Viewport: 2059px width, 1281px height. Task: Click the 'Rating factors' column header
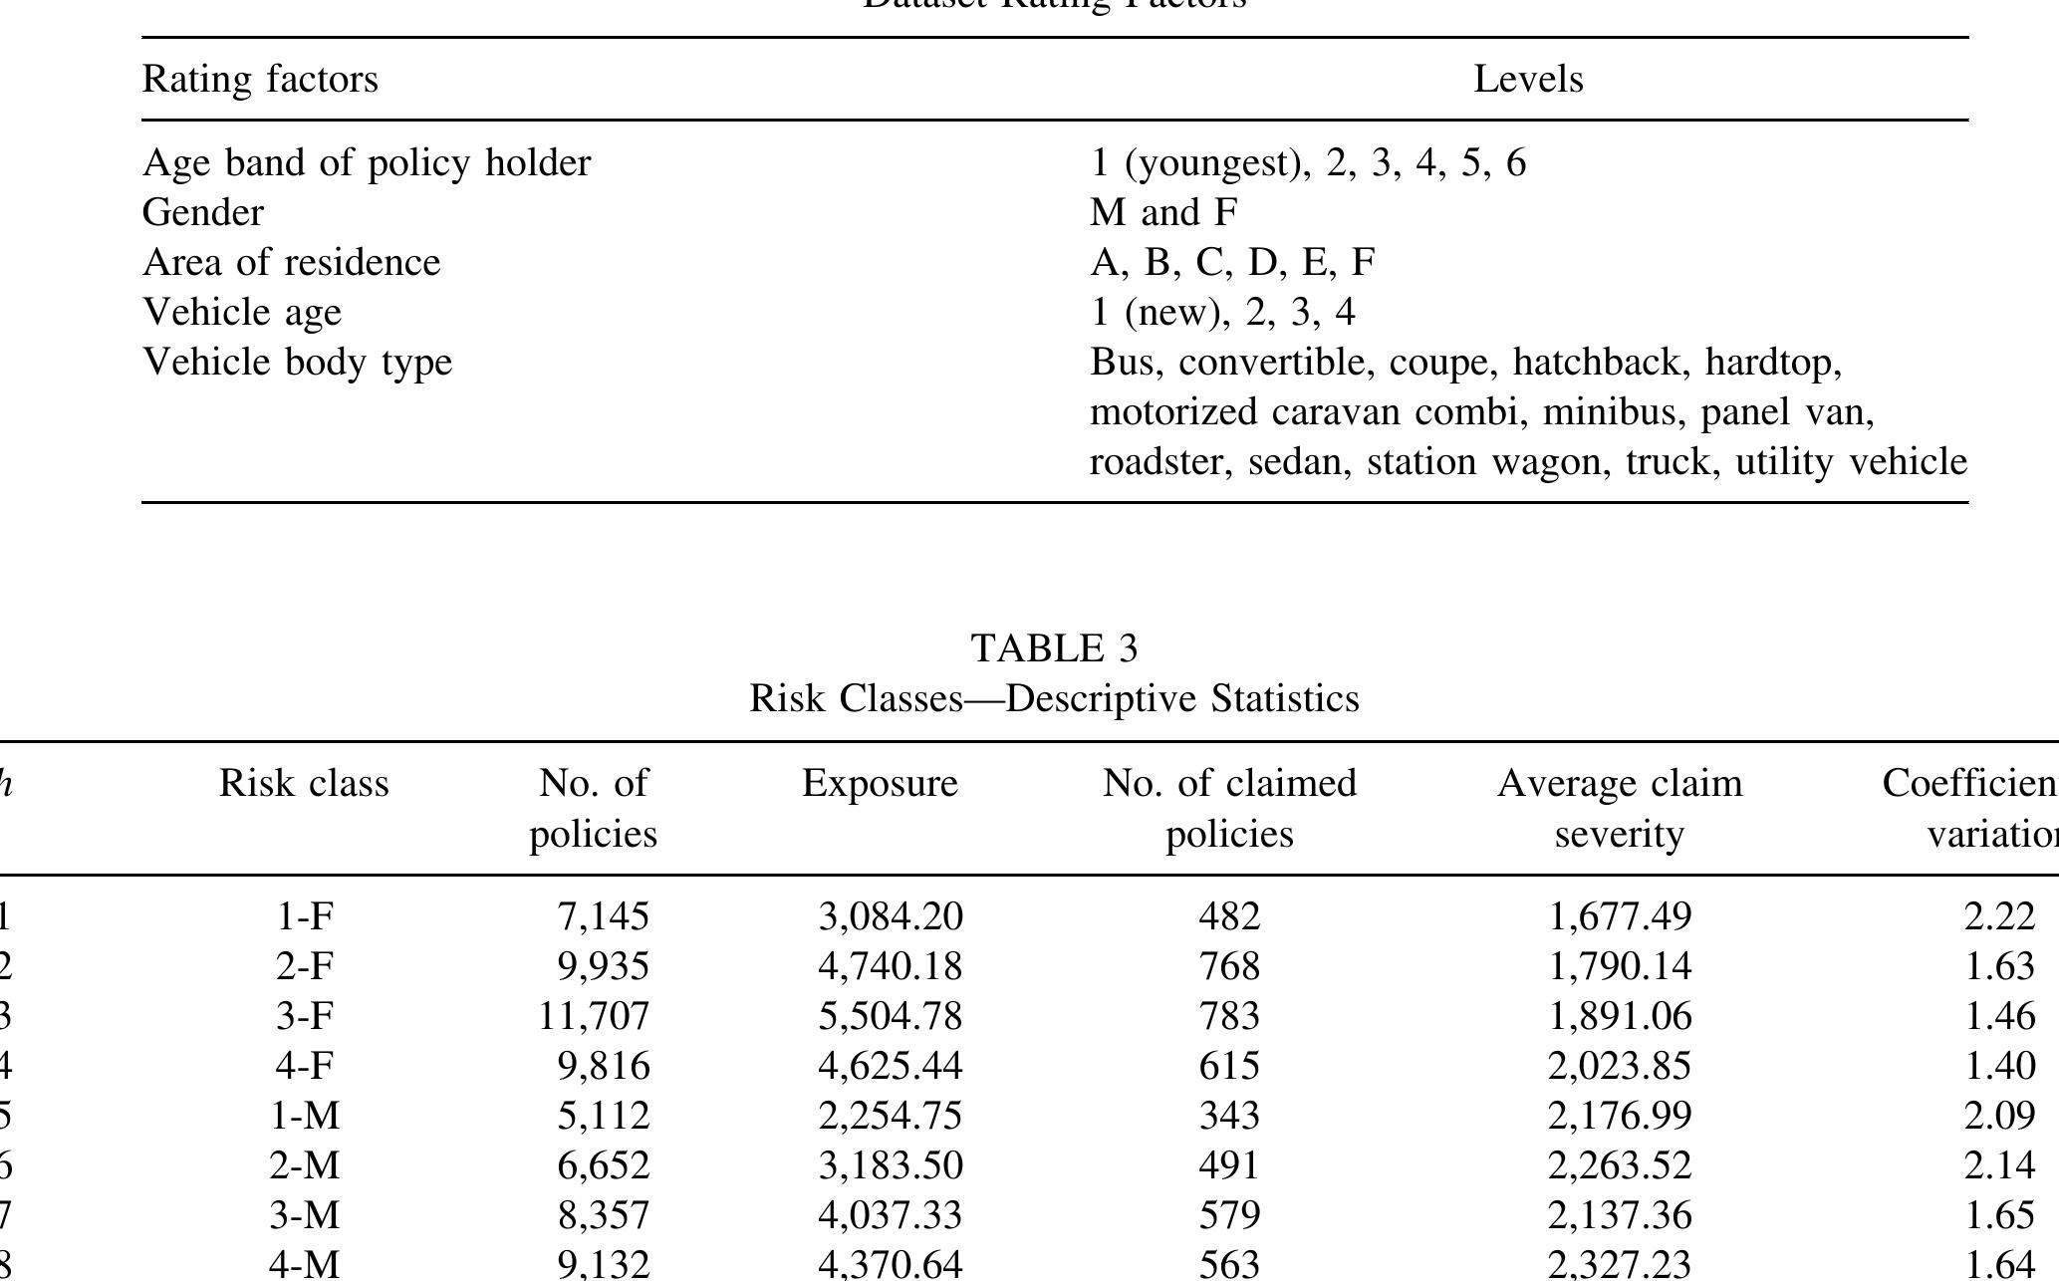[260, 79]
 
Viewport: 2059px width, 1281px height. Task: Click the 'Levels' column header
[1528, 79]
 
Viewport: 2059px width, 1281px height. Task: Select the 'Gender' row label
[203, 212]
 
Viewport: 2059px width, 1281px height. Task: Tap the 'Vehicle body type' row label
[297, 362]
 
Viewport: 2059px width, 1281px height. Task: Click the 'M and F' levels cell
[1163, 212]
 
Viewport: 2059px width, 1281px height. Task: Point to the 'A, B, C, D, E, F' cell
[1232, 262]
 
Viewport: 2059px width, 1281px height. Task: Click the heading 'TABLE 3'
[1054, 648]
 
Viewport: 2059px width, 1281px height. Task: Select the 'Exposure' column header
[880, 784]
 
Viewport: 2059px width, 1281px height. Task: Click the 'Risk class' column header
[304, 784]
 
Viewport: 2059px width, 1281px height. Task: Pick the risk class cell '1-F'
[304, 916]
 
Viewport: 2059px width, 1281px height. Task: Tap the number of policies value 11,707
[594, 1016]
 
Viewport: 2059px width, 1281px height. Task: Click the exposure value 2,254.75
[891, 1116]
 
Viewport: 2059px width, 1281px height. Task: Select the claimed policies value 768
[1229, 966]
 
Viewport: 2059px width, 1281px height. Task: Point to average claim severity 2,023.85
[1620, 1066]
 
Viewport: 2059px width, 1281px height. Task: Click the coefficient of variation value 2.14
[1999, 1165]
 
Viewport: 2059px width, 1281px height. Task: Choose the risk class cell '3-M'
[304, 1215]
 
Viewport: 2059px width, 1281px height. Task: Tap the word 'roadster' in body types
[1156, 462]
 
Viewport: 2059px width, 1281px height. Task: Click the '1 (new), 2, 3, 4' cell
[1222, 312]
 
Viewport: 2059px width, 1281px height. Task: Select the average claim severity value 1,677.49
[1620, 916]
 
